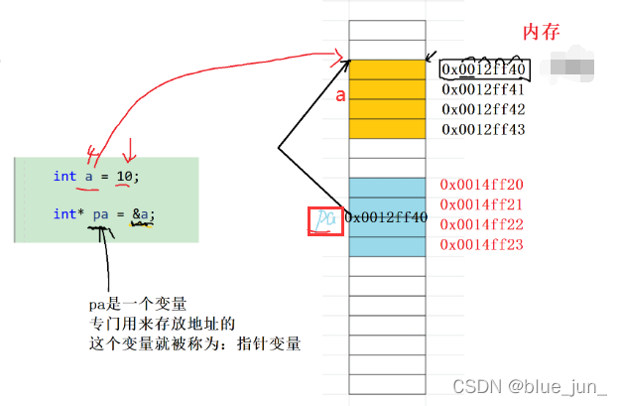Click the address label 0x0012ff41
[x=483, y=89]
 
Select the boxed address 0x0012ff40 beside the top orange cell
[x=483, y=69]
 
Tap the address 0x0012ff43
[x=483, y=129]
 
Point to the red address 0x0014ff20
[x=481, y=185]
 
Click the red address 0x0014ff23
[x=481, y=244]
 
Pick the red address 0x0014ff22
[x=481, y=224]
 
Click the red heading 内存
[x=542, y=32]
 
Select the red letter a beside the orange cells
[x=340, y=97]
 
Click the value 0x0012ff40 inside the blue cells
[x=387, y=217]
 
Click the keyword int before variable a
[x=64, y=176]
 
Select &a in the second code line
[x=143, y=214]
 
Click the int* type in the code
[x=67, y=214]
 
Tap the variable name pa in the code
[x=101, y=214]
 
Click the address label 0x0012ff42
[x=483, y=109]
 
